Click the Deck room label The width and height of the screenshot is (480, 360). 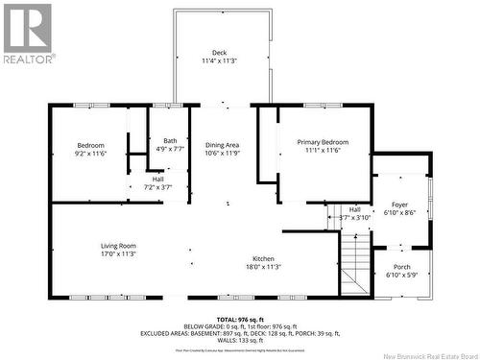click(x=220, y=53)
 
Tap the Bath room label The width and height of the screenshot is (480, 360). click(x=170, y=141)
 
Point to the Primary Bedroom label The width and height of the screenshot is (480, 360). click(x=323, y=142)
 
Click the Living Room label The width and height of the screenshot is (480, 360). click(x=118, y=246)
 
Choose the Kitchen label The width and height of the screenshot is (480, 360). click(x=264, y=259)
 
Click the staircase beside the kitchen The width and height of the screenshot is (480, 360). click(x=354, y=265)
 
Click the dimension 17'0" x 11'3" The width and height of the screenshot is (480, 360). click(x=118, y=254)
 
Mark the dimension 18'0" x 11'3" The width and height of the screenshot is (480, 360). click(x=264, y=268)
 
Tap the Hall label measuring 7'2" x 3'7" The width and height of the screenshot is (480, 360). click(x=157, y=179)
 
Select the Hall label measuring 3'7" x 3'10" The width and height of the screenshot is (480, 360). click(x=355, y=209)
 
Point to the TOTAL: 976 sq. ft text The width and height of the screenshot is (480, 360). click(x=240, y=320)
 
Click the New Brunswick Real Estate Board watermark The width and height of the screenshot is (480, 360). click(x=420, y=353)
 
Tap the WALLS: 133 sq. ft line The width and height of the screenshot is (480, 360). click(x=240, y=340)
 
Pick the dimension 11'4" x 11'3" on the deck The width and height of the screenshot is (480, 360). click(x=220, y=61)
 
